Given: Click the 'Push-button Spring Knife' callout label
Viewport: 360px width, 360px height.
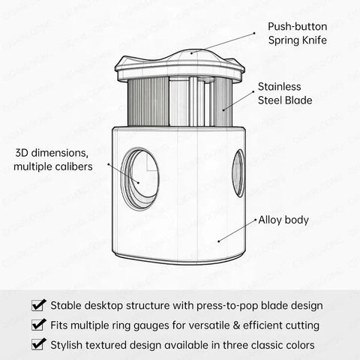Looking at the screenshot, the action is pos(298,34).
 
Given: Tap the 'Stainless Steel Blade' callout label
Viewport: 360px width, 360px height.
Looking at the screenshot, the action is pos(285,94).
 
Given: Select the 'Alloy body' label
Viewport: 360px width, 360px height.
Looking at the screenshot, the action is pos(283,220).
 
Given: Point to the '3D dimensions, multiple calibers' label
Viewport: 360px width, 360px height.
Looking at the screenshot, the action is pos(53,160).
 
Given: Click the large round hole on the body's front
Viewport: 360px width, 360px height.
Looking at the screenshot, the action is pos(140,178).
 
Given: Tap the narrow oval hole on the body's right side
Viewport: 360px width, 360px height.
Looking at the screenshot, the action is pos(238,173).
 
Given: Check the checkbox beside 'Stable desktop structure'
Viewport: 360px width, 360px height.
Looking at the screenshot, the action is pos(39,305).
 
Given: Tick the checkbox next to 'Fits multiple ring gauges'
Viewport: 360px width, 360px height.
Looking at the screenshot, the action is pos(39,325).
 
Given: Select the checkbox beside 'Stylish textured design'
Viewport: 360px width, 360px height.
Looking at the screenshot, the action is pos(39,344).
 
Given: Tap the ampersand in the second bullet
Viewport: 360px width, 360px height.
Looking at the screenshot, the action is pos(235,325).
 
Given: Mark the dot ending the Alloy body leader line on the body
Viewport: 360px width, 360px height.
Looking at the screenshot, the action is pos(219,241).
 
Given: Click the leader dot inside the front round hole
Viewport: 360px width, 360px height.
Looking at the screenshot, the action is pos(139,182).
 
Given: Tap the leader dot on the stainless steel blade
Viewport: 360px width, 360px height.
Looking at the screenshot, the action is pos(223,109).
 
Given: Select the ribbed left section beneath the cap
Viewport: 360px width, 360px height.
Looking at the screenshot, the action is pos(148,102).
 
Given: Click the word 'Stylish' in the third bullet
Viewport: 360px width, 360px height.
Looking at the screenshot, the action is pos(66,345).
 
